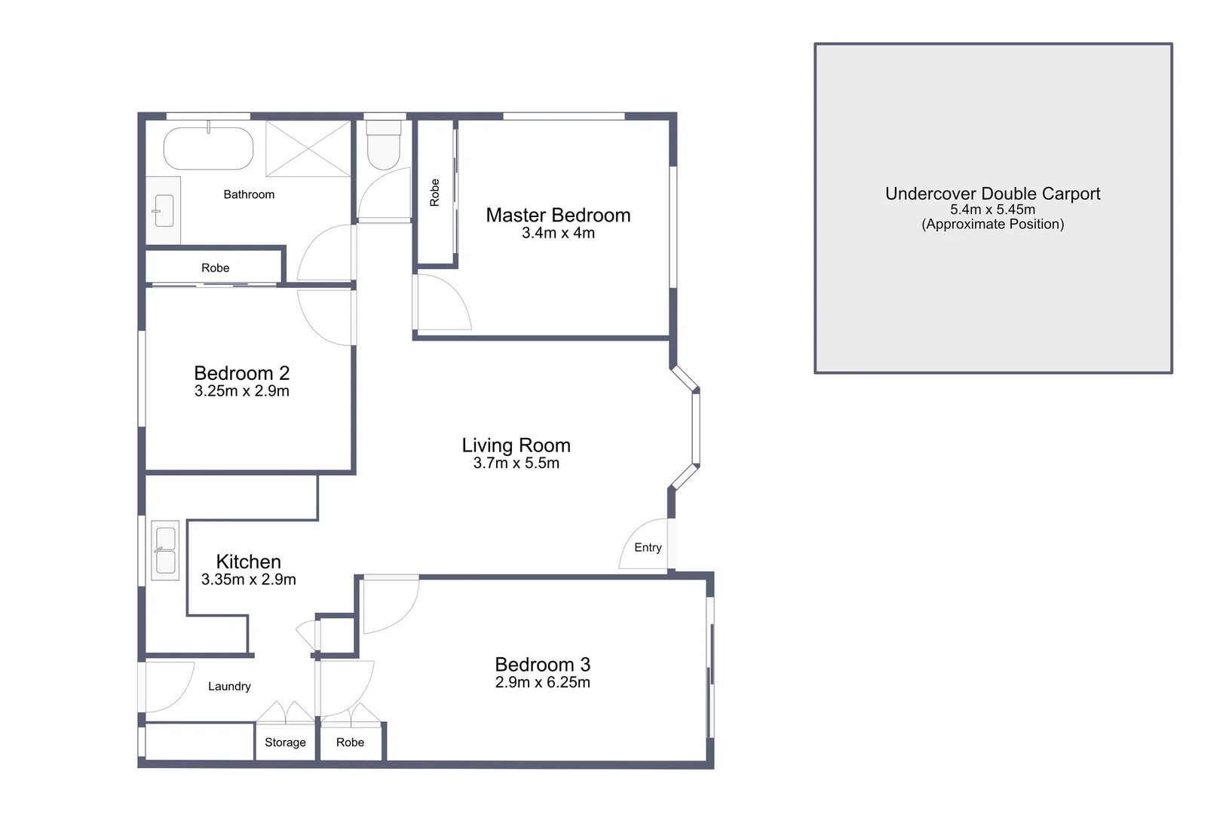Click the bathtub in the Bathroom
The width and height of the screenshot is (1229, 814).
point(209,148)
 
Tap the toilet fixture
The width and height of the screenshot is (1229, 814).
point(384,148)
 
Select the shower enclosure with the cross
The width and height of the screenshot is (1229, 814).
point(308,148)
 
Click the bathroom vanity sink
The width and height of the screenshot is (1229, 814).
point(164,211)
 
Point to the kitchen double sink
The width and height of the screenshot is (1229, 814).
point(165,550)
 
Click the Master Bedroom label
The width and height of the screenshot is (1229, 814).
point(558,216)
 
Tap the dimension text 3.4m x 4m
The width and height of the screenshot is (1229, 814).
point(558,234)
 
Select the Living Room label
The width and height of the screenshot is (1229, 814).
point(516,445)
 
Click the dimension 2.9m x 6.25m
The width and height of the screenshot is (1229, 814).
point(542,683)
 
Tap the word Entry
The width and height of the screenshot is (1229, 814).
point(648,548)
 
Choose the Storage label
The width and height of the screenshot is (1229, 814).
point(285,742)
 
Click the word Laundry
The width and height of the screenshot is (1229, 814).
point(229,687)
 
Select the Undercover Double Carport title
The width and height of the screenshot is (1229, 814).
point(992,194)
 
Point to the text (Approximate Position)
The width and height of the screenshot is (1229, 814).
point(992,225)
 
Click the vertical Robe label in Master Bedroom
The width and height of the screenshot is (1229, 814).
point(434,192)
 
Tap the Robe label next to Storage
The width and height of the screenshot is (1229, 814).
point(350,742)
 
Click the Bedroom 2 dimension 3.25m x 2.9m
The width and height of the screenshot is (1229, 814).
point(241,391)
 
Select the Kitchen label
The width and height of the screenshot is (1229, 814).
point(248,562)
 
